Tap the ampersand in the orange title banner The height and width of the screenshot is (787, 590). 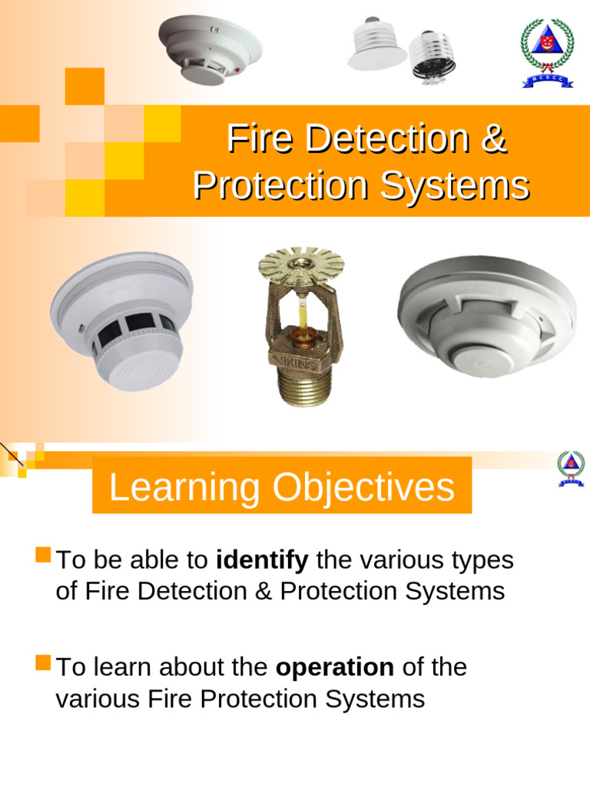click(496, 138)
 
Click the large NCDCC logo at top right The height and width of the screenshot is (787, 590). click(547, 52)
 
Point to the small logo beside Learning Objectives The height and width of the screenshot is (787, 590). click(571, 468)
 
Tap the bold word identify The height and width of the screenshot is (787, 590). click(262, 560)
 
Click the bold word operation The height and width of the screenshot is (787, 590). click(335, 667)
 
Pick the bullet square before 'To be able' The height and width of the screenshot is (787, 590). click(43, 554)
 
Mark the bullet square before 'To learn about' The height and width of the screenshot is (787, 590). click(43, 661)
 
